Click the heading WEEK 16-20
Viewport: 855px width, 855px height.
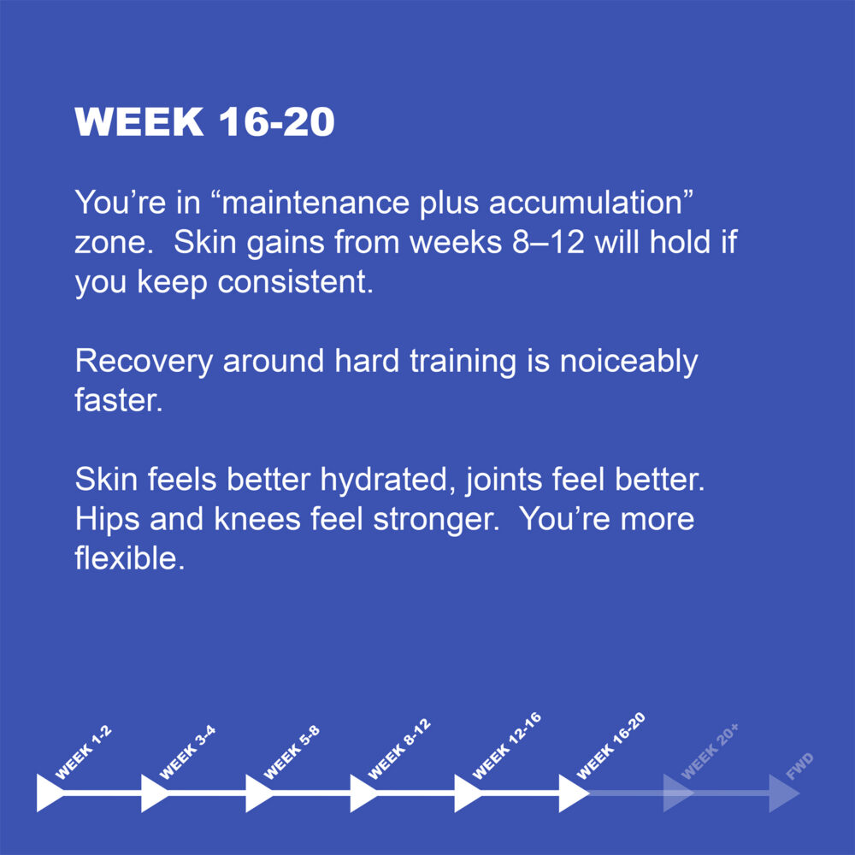pyautogui.click(x=204, y=121)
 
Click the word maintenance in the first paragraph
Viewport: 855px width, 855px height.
pyautogui.click(x=315, y=203)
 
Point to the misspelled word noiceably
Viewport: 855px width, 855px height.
pyautogui.click(x=628, y=362)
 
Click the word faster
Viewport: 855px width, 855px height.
pyautogui.click(x=119, y=400)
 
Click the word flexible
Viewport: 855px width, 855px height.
pyautogui.click(x=130, y=558)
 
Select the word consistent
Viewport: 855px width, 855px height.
pyautogui.click(x=296, y=282)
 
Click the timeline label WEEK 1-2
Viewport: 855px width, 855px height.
pyautogui.click(x=84, y=752)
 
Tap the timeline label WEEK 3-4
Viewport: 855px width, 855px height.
pyautogui.click(x=187, y=752)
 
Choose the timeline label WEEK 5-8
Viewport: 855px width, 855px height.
pyautogui.click(x=292, y=752)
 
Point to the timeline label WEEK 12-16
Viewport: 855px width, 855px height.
pyautogui.click(x=507, y=746)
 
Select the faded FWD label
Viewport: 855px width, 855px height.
pyautogui.click(x=800, y=765)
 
